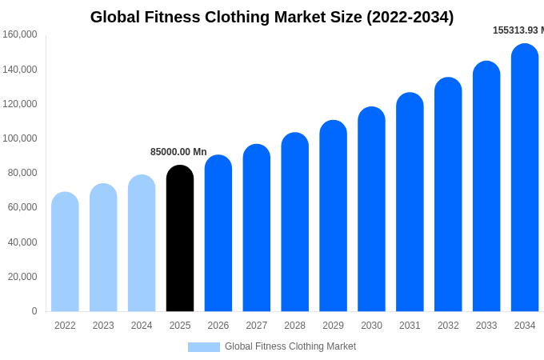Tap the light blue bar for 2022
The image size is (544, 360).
(65, 252)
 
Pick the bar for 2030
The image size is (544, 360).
(371, 210)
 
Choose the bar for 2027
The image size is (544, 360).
(257, 228)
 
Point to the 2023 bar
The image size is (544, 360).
(103, 248)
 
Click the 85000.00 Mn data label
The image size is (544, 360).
(178, 152)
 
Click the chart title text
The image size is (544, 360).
(272, 17)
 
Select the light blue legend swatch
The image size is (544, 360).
(204, 346)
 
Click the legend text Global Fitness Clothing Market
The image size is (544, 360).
(290, 346)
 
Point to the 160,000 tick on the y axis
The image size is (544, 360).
(20, 34)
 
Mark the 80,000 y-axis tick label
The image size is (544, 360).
(22, 173)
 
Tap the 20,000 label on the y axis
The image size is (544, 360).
(22, 277)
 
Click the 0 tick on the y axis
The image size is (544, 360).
(34, 311)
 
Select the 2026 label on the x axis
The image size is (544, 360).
(218, 326)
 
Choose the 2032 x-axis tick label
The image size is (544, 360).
(448, 326)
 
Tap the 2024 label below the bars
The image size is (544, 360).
(142, 326)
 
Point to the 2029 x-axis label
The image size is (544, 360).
(333, 326)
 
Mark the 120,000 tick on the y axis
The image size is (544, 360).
(20, 104)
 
